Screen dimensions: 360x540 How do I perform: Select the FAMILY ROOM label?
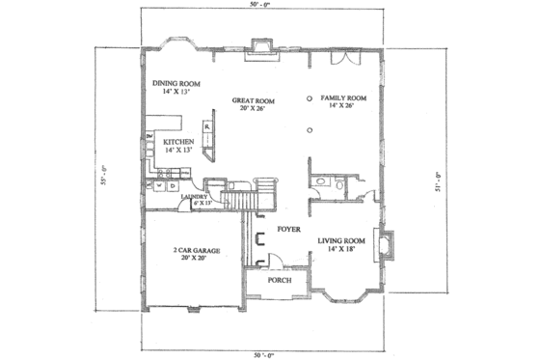[x=344, y=97]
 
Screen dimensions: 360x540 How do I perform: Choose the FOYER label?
[x=286, y=232]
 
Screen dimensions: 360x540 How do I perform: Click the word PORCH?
[x=280, y=281]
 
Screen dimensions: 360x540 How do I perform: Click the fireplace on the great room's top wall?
[x=260, y=46]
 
